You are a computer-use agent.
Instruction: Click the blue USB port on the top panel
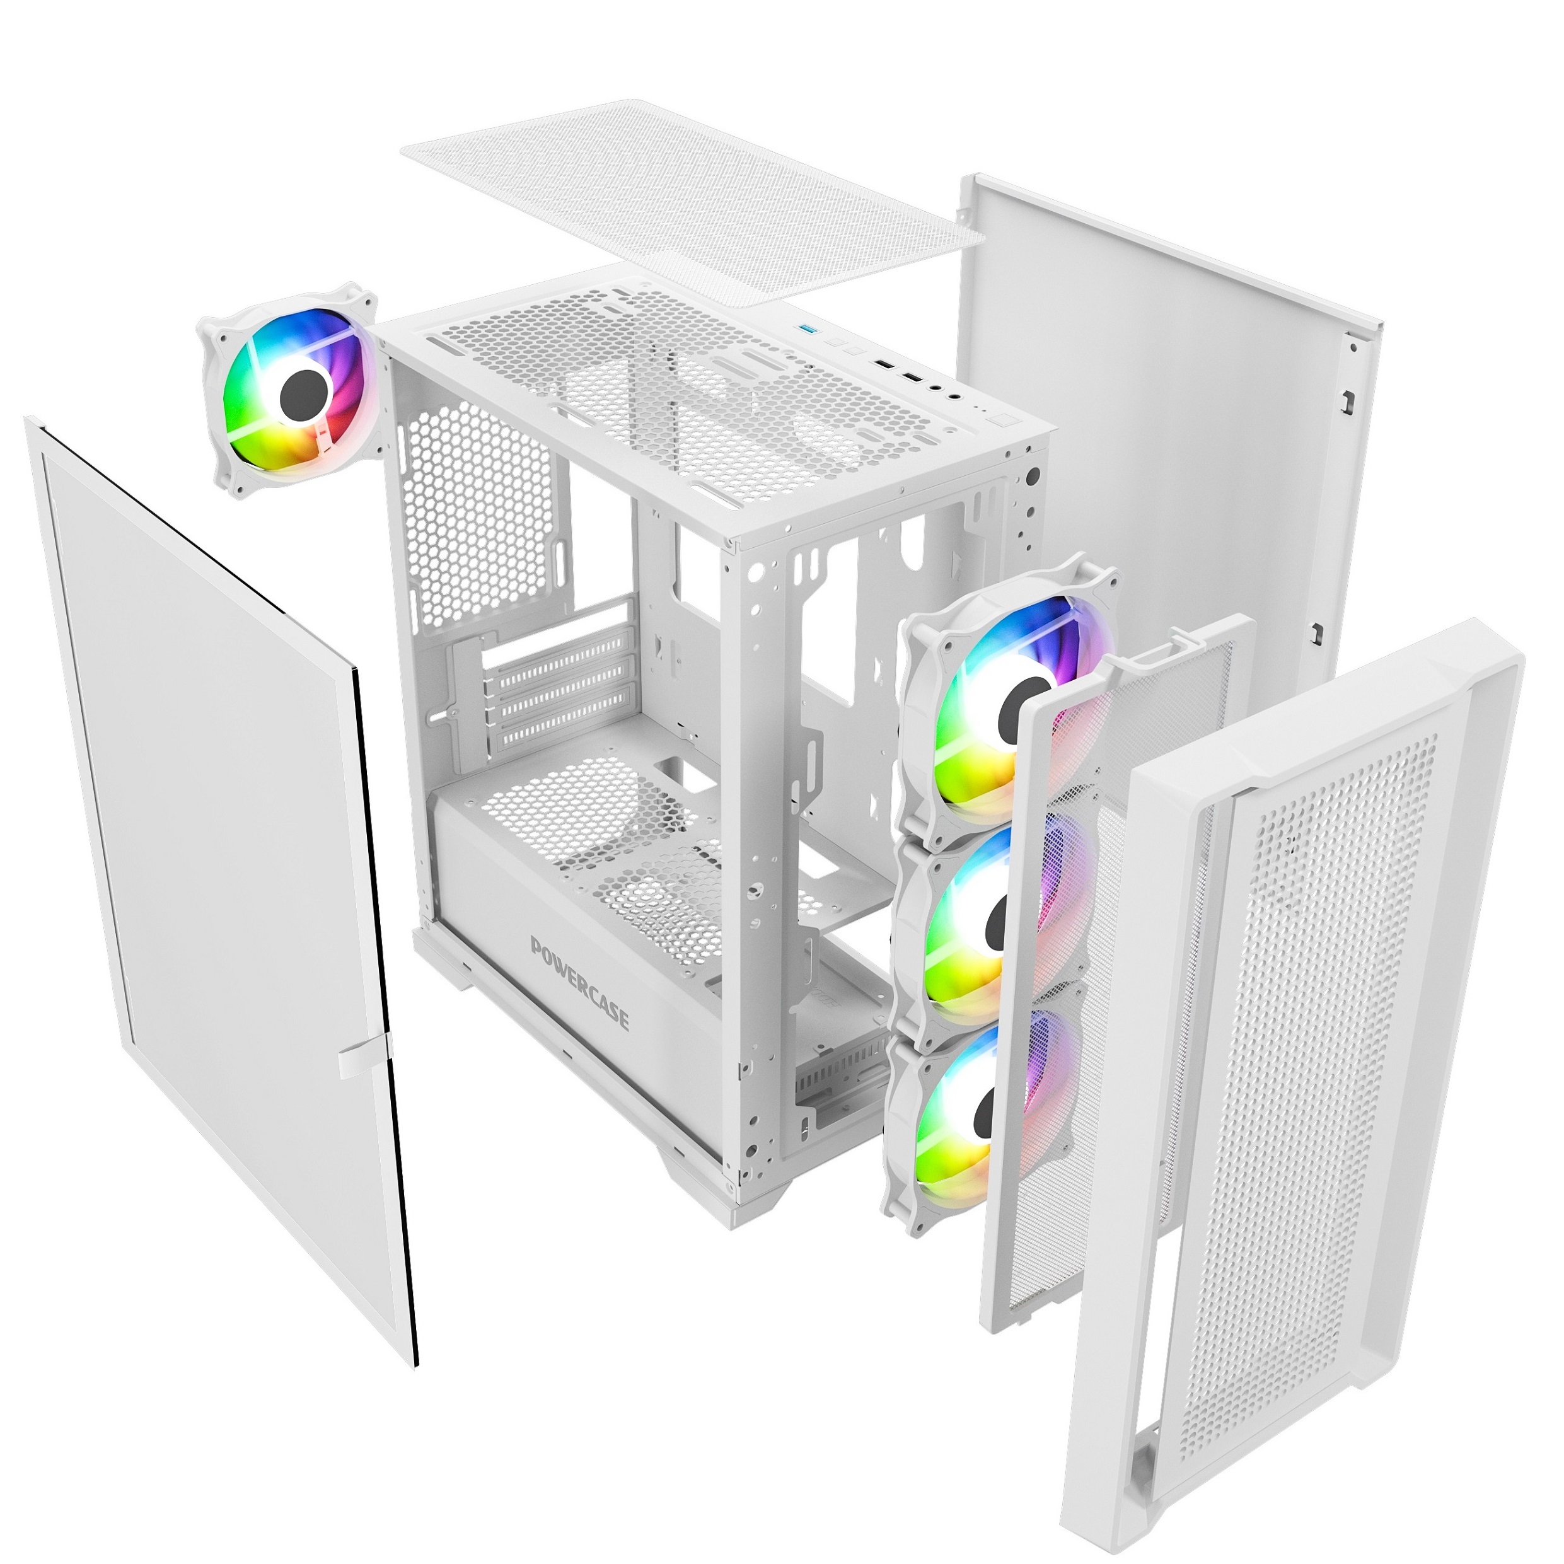coord(806,330)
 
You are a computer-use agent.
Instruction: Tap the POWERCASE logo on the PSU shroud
coord(579,982)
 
